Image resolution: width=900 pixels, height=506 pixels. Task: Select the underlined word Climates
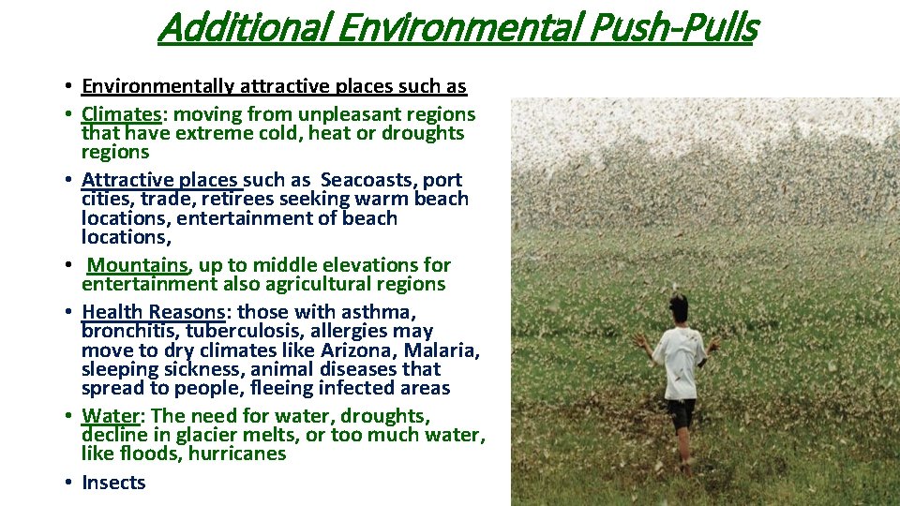122,114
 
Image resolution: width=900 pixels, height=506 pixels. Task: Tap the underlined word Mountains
138,265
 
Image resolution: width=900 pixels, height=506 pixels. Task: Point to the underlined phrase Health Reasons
153,312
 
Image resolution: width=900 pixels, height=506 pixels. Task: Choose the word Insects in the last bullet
113,483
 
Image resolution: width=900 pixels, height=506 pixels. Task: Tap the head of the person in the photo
679,306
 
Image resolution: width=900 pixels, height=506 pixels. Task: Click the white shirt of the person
679,360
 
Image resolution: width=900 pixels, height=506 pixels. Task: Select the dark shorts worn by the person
682,412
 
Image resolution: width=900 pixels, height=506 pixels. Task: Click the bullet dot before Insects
70,484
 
